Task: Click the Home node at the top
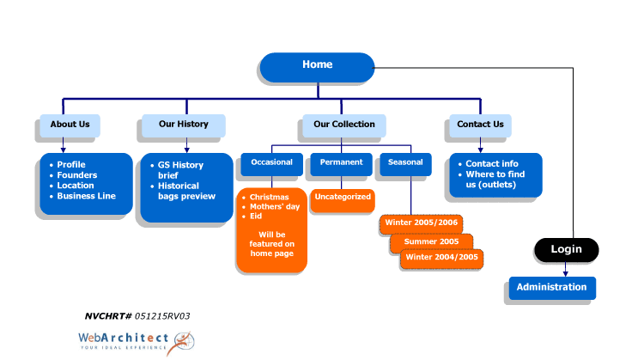pos(317,65)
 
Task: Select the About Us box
pos(70,125)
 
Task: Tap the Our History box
pos(183,125)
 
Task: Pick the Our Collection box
pos(343,125)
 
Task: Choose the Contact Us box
pos(480,125)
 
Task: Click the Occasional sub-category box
pos(271,162)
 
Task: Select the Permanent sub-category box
pos(341,162)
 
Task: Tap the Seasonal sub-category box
pos(405,162)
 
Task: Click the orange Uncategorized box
pos(343,198)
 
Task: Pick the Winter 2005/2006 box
pos(422,223)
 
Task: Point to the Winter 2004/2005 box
pos(441,258)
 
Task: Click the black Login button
pos(566,249)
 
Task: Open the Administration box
pos(551,288)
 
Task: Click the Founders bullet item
pos(77,175)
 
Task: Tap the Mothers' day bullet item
pos(275,207)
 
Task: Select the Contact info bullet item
pos(492,164)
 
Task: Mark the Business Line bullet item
pos(86,196)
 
